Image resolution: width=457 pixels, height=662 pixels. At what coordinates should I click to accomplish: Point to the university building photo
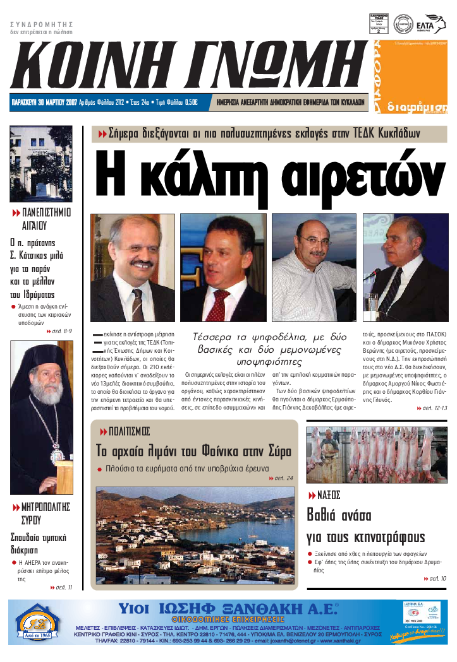click(x=40, y=163)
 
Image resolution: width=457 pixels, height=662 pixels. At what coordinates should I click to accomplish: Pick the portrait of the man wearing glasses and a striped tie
click(x=133, y=268)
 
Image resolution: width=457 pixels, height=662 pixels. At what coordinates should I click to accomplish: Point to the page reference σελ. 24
click(x=282, y=478)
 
